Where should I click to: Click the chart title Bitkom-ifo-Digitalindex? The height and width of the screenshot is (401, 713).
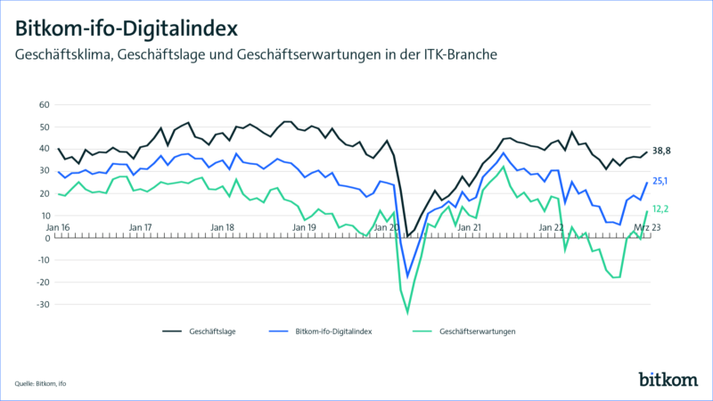(126, 22)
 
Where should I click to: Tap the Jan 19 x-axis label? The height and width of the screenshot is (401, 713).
(306, 227)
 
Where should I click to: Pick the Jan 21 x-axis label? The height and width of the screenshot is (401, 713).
(471, 227)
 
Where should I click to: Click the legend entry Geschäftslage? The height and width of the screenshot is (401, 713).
(210, 331)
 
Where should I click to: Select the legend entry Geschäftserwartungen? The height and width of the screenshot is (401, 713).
(477, 331)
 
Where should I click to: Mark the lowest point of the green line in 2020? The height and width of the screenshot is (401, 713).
(408, 313)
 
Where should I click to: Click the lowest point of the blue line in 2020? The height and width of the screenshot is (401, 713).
(408, 276)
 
